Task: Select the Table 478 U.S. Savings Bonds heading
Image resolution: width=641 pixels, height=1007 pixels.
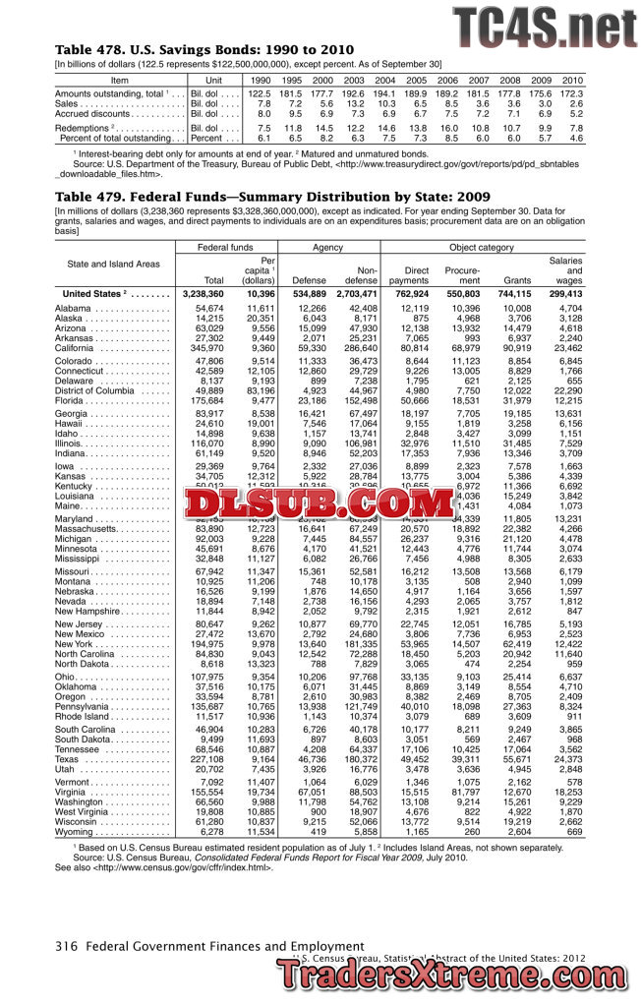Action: (x=204, y=49)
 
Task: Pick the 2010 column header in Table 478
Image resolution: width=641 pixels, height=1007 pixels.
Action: (x=572, y=79)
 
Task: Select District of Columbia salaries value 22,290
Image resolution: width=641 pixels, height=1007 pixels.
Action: (x=563, y=390)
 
